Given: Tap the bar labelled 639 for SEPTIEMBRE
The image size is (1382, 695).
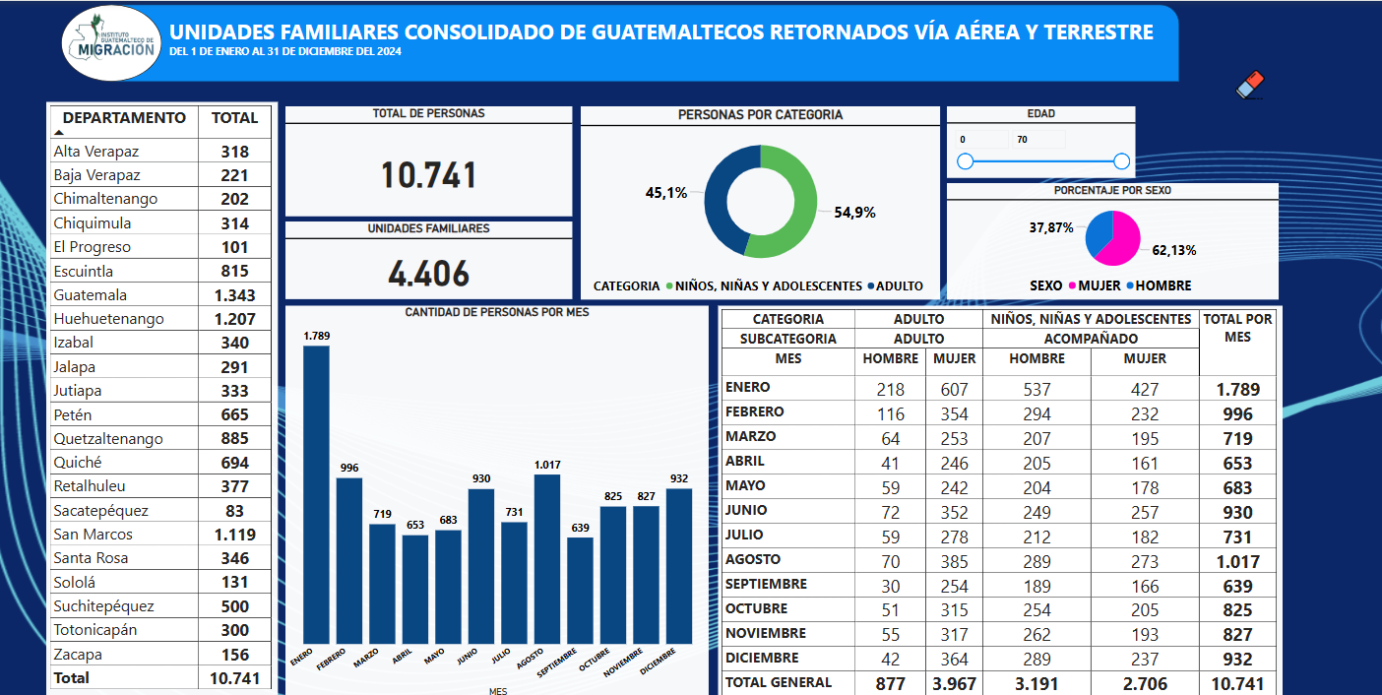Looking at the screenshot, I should [581, 591].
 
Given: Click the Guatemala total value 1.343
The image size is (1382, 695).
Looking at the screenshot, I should [234, 295].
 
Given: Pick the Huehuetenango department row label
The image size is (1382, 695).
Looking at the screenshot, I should [109, 319].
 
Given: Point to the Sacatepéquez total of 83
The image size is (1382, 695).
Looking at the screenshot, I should [234, 511].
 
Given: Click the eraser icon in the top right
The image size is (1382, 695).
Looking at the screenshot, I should [1249, 86].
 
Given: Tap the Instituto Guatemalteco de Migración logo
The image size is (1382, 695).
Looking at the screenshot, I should [110, 43].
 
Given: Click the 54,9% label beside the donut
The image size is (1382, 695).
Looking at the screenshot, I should [854, 213].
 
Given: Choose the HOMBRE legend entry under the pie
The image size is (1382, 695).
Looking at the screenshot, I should [1159, 285].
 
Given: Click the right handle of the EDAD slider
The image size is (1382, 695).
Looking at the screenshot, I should [1121, 161].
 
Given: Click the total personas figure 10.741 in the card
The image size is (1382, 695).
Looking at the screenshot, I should [428, 175].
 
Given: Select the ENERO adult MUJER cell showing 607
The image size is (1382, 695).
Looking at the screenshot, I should [954, 389].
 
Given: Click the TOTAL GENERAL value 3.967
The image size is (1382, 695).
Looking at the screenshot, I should [954, 683].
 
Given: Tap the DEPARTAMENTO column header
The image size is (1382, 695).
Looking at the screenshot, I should [124, 118].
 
